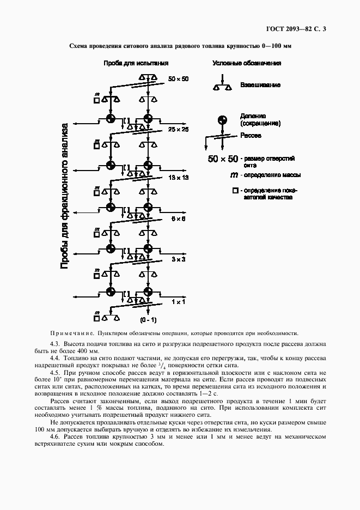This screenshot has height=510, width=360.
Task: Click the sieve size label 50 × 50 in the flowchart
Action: click(x=178, y=79)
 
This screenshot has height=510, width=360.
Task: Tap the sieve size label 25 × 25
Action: click(x=178, y=130)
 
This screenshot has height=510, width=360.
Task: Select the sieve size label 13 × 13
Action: click(x=178, y=178)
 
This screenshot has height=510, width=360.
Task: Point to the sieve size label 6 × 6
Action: click(x=179, y=218)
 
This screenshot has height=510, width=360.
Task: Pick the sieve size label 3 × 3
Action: click(x=179, y=259)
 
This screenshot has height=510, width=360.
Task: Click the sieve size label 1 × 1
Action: click(x=179, y=301)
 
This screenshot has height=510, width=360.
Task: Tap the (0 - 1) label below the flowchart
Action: click(x=148, y=319)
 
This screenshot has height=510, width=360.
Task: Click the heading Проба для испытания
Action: click(x=136, y=63)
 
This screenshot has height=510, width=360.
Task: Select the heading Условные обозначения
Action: click(x=246, y=63)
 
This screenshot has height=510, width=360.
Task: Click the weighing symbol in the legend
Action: click(x=221, y=85)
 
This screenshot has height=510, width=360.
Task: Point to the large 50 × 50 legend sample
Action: click(x=223, y=159)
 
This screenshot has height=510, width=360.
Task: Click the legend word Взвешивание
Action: click(x=260, y=86)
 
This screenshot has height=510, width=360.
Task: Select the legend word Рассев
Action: click(x=251, y=135)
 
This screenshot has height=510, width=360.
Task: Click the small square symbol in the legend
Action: click(x=235, y=191)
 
